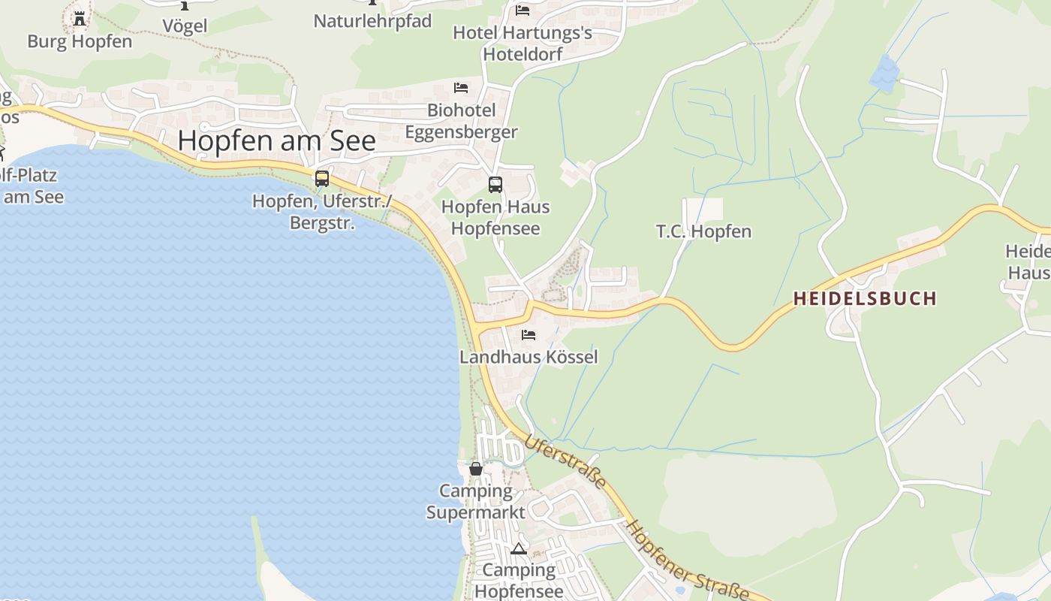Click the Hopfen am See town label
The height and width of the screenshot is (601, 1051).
click(x=276, y=140)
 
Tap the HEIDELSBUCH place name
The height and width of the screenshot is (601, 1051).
click(x=865, y=298)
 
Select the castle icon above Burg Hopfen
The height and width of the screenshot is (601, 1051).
click(x=79, y=18)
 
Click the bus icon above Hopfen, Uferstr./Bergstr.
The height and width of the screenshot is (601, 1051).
click(x=322, y=179)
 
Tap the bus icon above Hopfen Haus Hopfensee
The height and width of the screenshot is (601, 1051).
click(x=495, y=184)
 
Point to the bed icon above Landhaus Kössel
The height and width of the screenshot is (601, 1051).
click(x=529, y=334)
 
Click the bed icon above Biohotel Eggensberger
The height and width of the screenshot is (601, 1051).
click(x=461, y=88)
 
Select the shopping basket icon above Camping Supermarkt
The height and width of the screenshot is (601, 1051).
click(x=476, y=469)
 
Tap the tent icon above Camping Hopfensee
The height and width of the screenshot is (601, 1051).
click(x=518, y=548)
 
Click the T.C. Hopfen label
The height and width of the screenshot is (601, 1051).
click(x=703, y=231)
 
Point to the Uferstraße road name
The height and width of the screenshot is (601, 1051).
click(x=565, y=461)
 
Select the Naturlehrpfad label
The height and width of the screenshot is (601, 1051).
click(x=372, y=21)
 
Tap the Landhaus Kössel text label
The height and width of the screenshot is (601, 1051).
click(x=529, y=357)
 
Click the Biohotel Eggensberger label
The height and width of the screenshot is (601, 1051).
click(x=461, y=121)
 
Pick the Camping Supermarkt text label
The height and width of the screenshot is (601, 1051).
click(x=476, y=502)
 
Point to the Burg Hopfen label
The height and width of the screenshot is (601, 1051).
click(x=80, y=41)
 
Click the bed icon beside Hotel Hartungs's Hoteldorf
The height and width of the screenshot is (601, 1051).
click(x=522, y=11)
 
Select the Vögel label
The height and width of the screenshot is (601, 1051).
click(x=185, y=26)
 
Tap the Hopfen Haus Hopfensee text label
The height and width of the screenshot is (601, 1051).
click(x=495, y=217)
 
